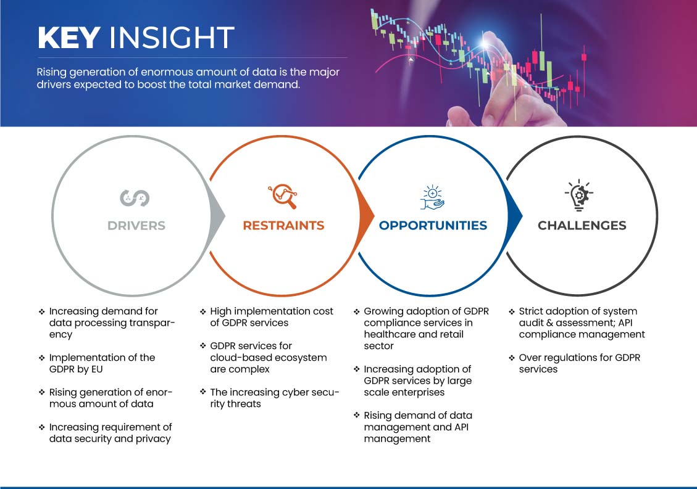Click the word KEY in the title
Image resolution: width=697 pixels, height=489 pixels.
(x=69, y=38)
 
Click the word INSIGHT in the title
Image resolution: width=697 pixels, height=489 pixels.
(x=172, y=38)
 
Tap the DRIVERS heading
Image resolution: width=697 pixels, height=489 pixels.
(x=136, y=226)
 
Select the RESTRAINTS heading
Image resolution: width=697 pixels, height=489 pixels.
(x=283, y=226)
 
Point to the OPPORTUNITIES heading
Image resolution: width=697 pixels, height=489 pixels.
(x=433, y=226)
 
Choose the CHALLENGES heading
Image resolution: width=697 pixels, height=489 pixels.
(x=582, y=226)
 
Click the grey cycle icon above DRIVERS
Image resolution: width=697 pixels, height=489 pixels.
(x=135, y=198)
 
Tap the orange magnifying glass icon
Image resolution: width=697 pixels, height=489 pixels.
(x=283, y=196)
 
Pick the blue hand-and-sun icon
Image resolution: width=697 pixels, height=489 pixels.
(x=432, y=197)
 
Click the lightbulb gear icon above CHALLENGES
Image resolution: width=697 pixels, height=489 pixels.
(x=578, y=195)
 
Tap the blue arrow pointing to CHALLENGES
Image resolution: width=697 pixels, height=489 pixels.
(x=515, y=216)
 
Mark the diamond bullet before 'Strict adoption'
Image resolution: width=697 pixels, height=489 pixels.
(x=512, y=312)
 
